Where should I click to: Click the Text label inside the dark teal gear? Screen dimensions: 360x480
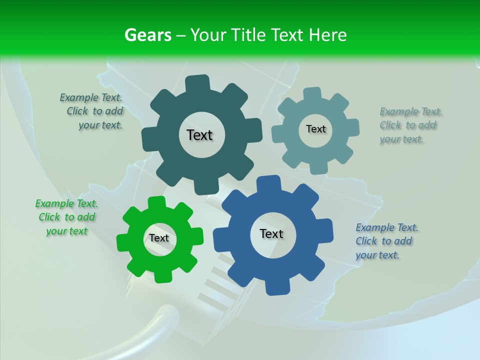[x=199, y=135]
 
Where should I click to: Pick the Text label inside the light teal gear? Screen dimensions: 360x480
[x=315, y=129]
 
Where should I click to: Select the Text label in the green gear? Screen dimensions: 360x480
[x=159, y=238]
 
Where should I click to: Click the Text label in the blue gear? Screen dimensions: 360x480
[x=271, y=234]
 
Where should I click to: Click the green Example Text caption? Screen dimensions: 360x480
[x=66, y=217]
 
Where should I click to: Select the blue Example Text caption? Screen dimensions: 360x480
[x=386, y=241]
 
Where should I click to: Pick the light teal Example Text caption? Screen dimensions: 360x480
[x=410, y=125]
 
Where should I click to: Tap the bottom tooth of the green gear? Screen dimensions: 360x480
[x=161, y=275]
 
